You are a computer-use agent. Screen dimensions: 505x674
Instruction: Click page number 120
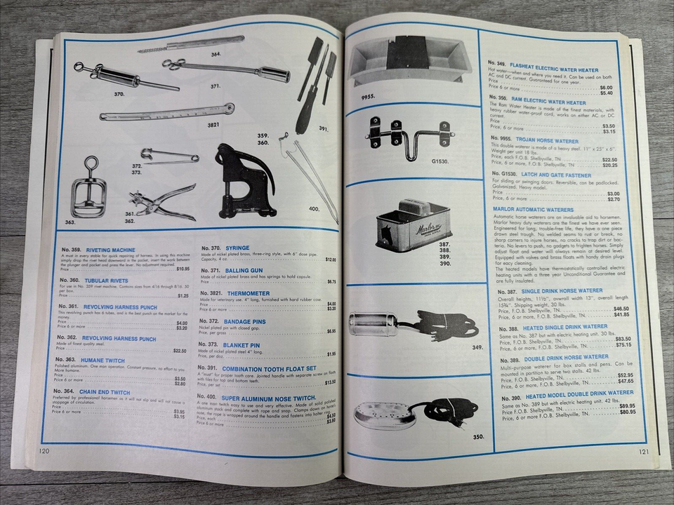pos(44,450)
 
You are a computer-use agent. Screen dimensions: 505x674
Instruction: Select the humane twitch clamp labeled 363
pos(88,189)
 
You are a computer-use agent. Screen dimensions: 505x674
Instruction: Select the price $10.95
pos(183,269)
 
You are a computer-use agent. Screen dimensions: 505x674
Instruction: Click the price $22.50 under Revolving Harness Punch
pos(180,351)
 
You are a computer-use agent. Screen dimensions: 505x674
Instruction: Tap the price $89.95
pos(607,405)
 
